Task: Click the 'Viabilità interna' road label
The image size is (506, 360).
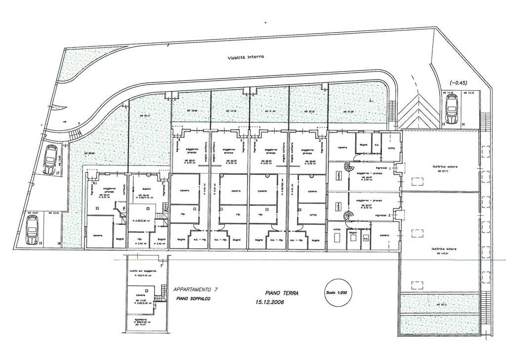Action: [x=246, y=57]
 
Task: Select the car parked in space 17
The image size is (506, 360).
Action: [x=49, y=159]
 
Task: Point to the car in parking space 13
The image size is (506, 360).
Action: [x=452, y=109]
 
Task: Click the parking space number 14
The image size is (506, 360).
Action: [x=463, y=124]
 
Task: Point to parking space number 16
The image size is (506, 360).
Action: [x=59, y=243]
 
